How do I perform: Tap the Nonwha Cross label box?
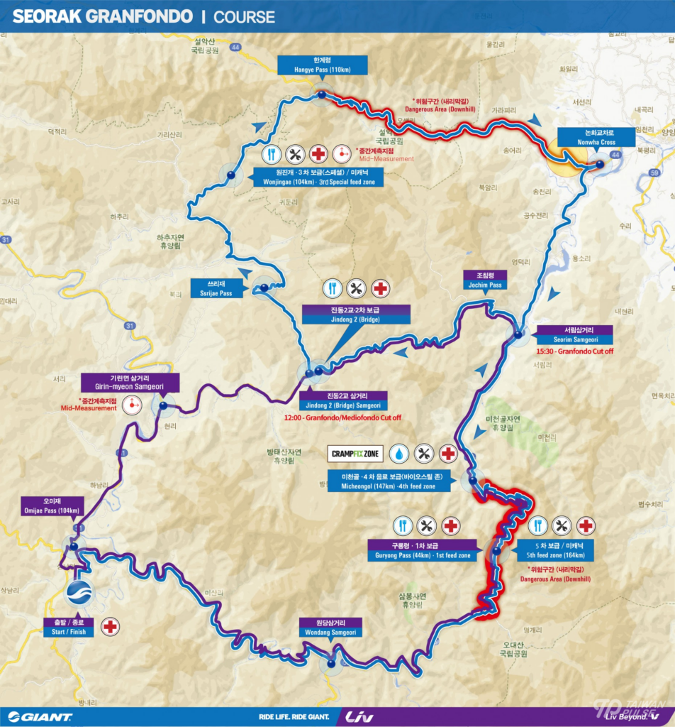click(x=586, y=137)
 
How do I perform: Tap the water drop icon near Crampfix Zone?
click(x=401, y=453)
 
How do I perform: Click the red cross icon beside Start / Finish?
click(x=110, y=626)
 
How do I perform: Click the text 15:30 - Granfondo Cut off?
click(x=576, y=351)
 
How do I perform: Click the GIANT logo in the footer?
click(x=40, y=716)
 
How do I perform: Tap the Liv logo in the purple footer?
click(x=359, y=716)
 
